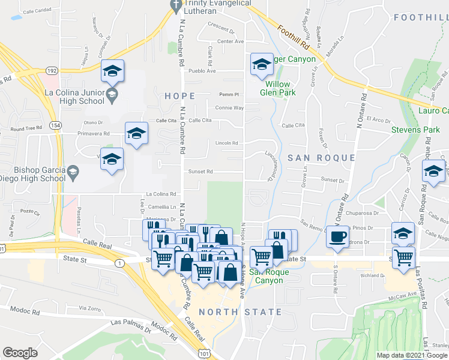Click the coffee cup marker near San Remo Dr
(x=338, y=236)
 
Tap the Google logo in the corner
(x=20, y=353)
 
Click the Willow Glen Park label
(x=278, y=88)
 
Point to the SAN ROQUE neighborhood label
(x=321, y=158)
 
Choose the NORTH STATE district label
(x=240, y=312)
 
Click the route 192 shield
(x=51, y=70)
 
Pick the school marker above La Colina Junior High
(x=112, y=71)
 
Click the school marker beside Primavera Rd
(x=136, y=134)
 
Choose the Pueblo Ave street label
(x=202, y=71)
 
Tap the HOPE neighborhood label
(x=179, y=96)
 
